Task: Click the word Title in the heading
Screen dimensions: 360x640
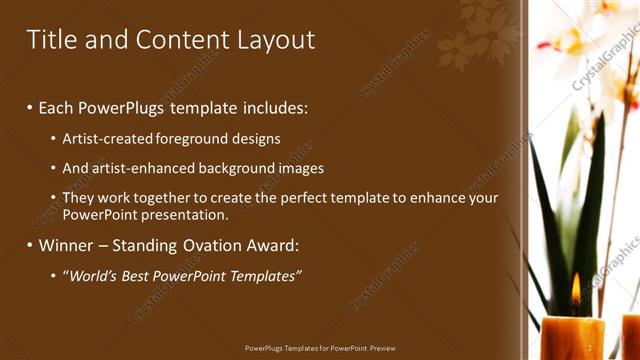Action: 49,40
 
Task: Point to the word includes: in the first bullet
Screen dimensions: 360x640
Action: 275,107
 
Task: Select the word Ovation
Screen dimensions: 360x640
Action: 211,245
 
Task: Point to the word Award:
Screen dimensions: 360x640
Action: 272,245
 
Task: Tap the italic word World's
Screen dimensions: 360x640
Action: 91,276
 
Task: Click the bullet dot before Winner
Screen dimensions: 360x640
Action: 30,245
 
